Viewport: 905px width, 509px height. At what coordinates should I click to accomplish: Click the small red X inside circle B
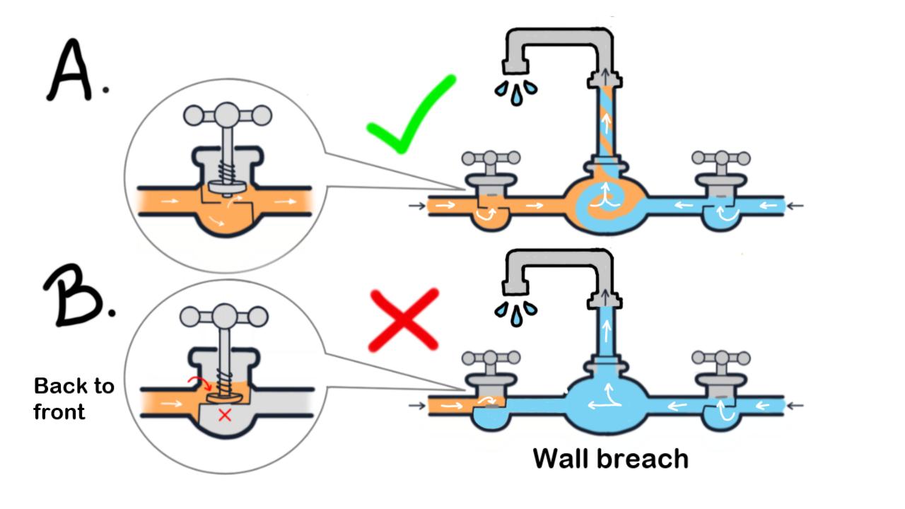click(225, 415)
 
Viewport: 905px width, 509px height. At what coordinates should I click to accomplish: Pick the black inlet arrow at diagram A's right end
click(795, 206)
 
